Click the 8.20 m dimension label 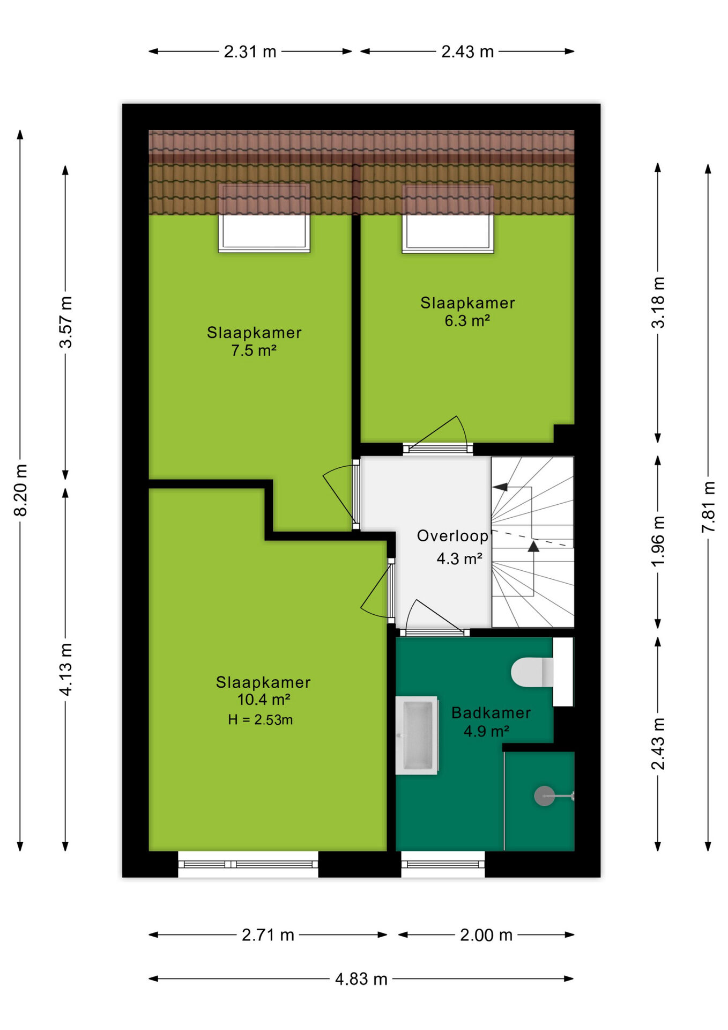20,490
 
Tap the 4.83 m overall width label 361,979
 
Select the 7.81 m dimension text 708,507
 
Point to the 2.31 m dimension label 250,51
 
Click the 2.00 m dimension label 486,935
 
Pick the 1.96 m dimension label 658,541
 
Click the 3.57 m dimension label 65,322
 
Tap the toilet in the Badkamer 532,672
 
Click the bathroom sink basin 417,735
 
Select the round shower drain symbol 544,796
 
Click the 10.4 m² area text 264,700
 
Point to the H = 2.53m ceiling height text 261,719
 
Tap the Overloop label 452,536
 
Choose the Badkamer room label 491,712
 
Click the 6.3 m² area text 467,321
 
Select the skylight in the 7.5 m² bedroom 264,218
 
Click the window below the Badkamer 443,864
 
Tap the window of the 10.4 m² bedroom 248,864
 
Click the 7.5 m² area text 254,351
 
